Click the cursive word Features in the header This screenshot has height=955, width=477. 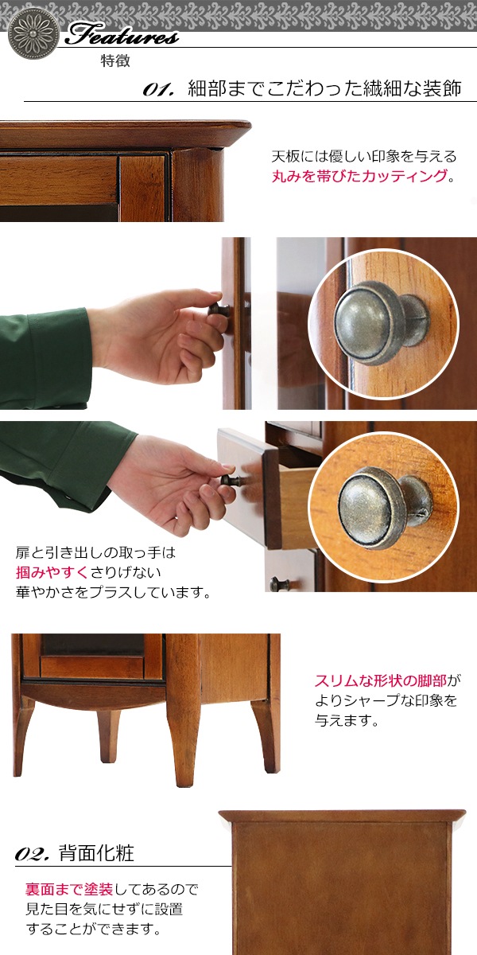click(122, 35)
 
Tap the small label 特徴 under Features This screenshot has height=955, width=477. click(115, 61)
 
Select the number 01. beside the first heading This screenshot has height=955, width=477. click(158, 90)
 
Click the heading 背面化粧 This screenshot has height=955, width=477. click(96, 852)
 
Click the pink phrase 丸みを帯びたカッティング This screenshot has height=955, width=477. click(360, 176)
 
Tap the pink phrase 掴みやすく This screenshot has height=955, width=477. click(52, 572)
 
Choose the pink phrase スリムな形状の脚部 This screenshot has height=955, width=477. click(381, 681)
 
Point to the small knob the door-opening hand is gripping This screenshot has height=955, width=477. click(219, 309)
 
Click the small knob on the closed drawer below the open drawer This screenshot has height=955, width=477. click(279, 583)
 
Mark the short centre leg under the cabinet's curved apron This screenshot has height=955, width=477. click(108, 735)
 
